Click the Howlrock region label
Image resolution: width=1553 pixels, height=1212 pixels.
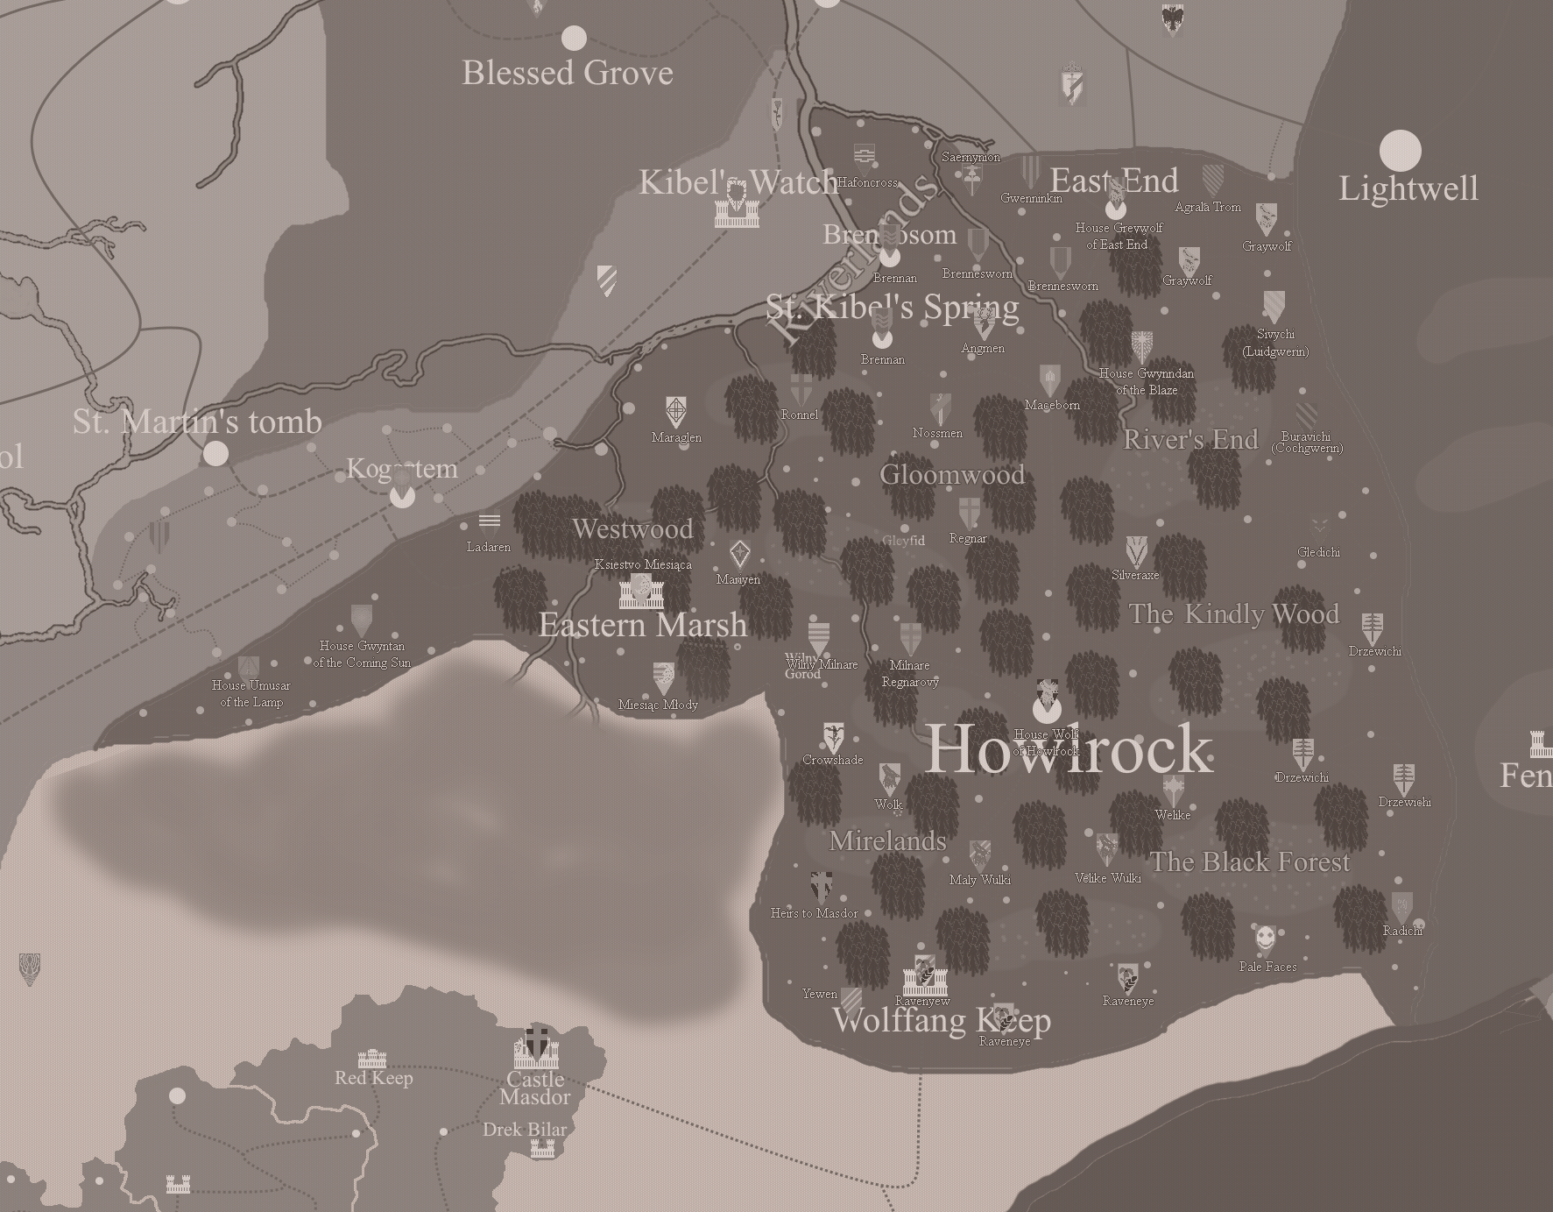pos(1069,749)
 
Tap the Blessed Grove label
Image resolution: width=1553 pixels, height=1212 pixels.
pos(568,73)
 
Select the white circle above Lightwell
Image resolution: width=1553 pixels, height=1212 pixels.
pos(1400,151)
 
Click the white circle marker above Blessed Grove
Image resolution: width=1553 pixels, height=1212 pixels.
pos(574,38)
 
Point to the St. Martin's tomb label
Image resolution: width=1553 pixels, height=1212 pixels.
pos(197,422)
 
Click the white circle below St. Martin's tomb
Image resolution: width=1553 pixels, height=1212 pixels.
pos(215,453)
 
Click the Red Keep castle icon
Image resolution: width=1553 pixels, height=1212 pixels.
pos(372,1058)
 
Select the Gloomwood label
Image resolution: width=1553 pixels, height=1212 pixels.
pos(952,475)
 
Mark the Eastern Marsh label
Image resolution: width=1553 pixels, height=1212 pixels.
pos(643,625)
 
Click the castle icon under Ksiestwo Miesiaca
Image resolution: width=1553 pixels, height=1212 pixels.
pos(641,592)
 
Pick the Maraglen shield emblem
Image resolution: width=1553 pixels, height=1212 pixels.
pos(675,411)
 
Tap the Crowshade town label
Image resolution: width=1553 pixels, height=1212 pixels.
pos(832,760)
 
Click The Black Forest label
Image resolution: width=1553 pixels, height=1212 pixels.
pos(1250,862)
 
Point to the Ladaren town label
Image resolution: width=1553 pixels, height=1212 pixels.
pos(488,547)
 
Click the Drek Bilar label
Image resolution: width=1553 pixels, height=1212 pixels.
pos(525,1130)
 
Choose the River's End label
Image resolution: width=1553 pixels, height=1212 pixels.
pos(1190,439)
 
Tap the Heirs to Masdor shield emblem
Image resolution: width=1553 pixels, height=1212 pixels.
pos(821,887)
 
